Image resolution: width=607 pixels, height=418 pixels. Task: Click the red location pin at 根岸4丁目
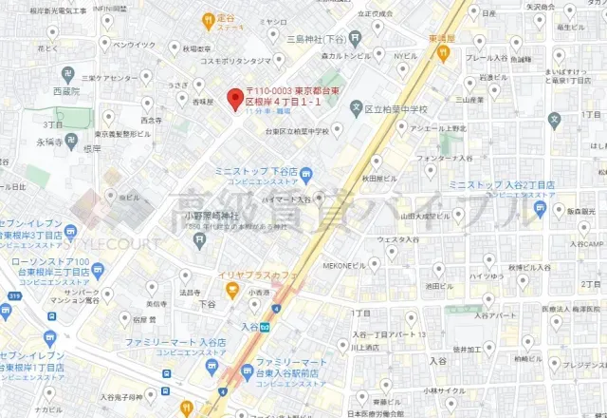coord(233,97)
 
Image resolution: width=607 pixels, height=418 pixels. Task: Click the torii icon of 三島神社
coord(355,40)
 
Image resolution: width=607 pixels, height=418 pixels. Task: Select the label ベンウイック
coord(134,45)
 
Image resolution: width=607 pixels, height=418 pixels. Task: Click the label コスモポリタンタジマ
coord(214,59)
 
